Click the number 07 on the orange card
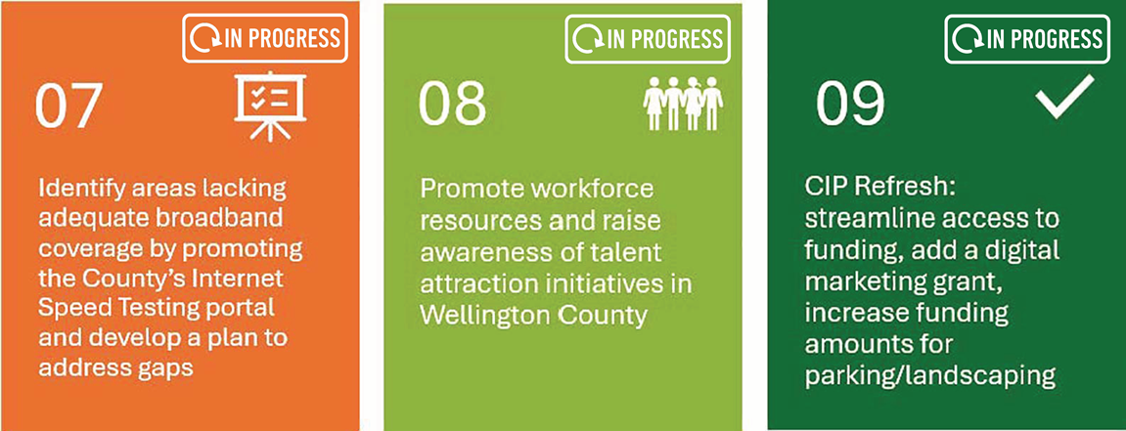[x=68, y=107]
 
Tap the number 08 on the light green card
[x=452, y=104]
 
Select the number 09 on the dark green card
[x=850, y=105]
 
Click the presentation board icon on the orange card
[x=270, y=105]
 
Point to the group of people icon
[x=683, y=104]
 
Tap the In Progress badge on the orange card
[x=265, y=38]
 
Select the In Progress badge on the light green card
[x=648, y=39]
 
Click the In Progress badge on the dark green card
[x=1027, y=39]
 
